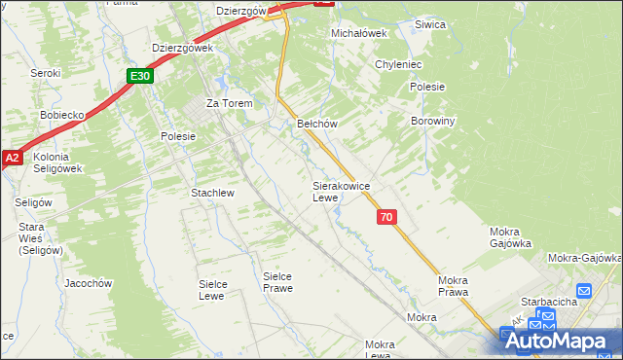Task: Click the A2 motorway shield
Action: [12, 157]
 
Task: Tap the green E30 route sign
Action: [140, 75]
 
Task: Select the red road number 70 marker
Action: [387, 218]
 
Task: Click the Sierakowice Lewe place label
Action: [340, 191]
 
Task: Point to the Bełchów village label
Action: [316, 124]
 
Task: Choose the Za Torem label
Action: [229, 103]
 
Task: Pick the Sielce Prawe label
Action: [277, 282]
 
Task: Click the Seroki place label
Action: [45, 73]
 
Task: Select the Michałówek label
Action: [359, 32]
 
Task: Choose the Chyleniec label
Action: [397, 64]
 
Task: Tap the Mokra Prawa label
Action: [453, 286]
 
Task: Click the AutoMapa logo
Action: [561, 341]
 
